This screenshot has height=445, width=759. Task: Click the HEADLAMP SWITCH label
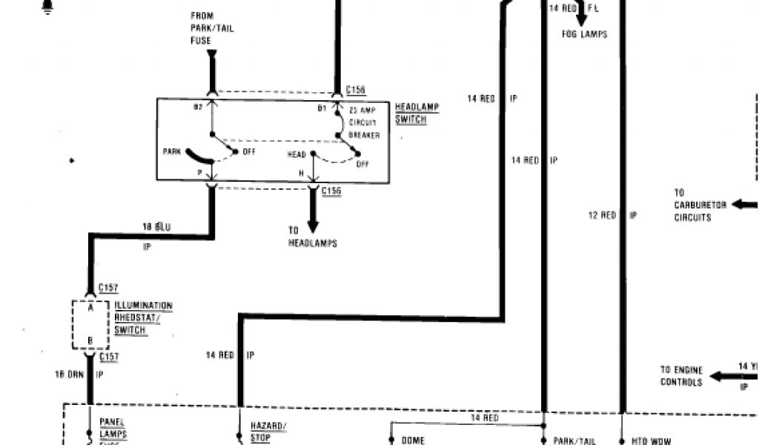coord(417,113)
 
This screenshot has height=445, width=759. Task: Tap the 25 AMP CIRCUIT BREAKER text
coord(365,122)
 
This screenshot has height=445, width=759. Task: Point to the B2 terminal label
coord(198,108)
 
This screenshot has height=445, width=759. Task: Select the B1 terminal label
coord(322,108)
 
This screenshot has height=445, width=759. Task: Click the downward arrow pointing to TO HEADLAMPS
coord(313,219)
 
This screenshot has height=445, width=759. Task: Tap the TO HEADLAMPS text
coord(313,237)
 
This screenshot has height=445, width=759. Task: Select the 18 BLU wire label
coord(156,226)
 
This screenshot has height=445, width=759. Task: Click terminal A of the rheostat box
coord(90,308)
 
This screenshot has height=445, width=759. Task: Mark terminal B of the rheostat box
coord(90,341)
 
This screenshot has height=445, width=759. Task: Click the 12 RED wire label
coord(602,215)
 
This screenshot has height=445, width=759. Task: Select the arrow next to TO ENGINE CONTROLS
coord(723,375)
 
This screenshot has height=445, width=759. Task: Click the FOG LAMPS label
coord(585,33)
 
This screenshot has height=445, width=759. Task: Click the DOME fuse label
coord(413,440)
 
